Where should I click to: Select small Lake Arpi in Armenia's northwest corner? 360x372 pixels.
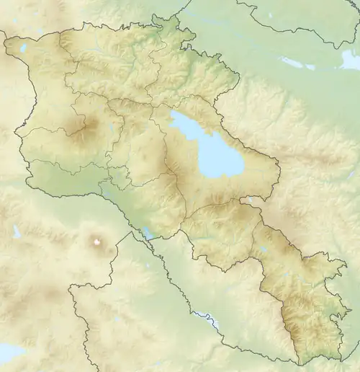click(24, 48)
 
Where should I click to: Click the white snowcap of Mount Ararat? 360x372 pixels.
click(96, 242)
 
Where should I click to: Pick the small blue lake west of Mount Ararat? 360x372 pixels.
click(17, 232)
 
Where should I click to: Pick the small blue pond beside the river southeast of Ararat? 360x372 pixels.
click(148, 233)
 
